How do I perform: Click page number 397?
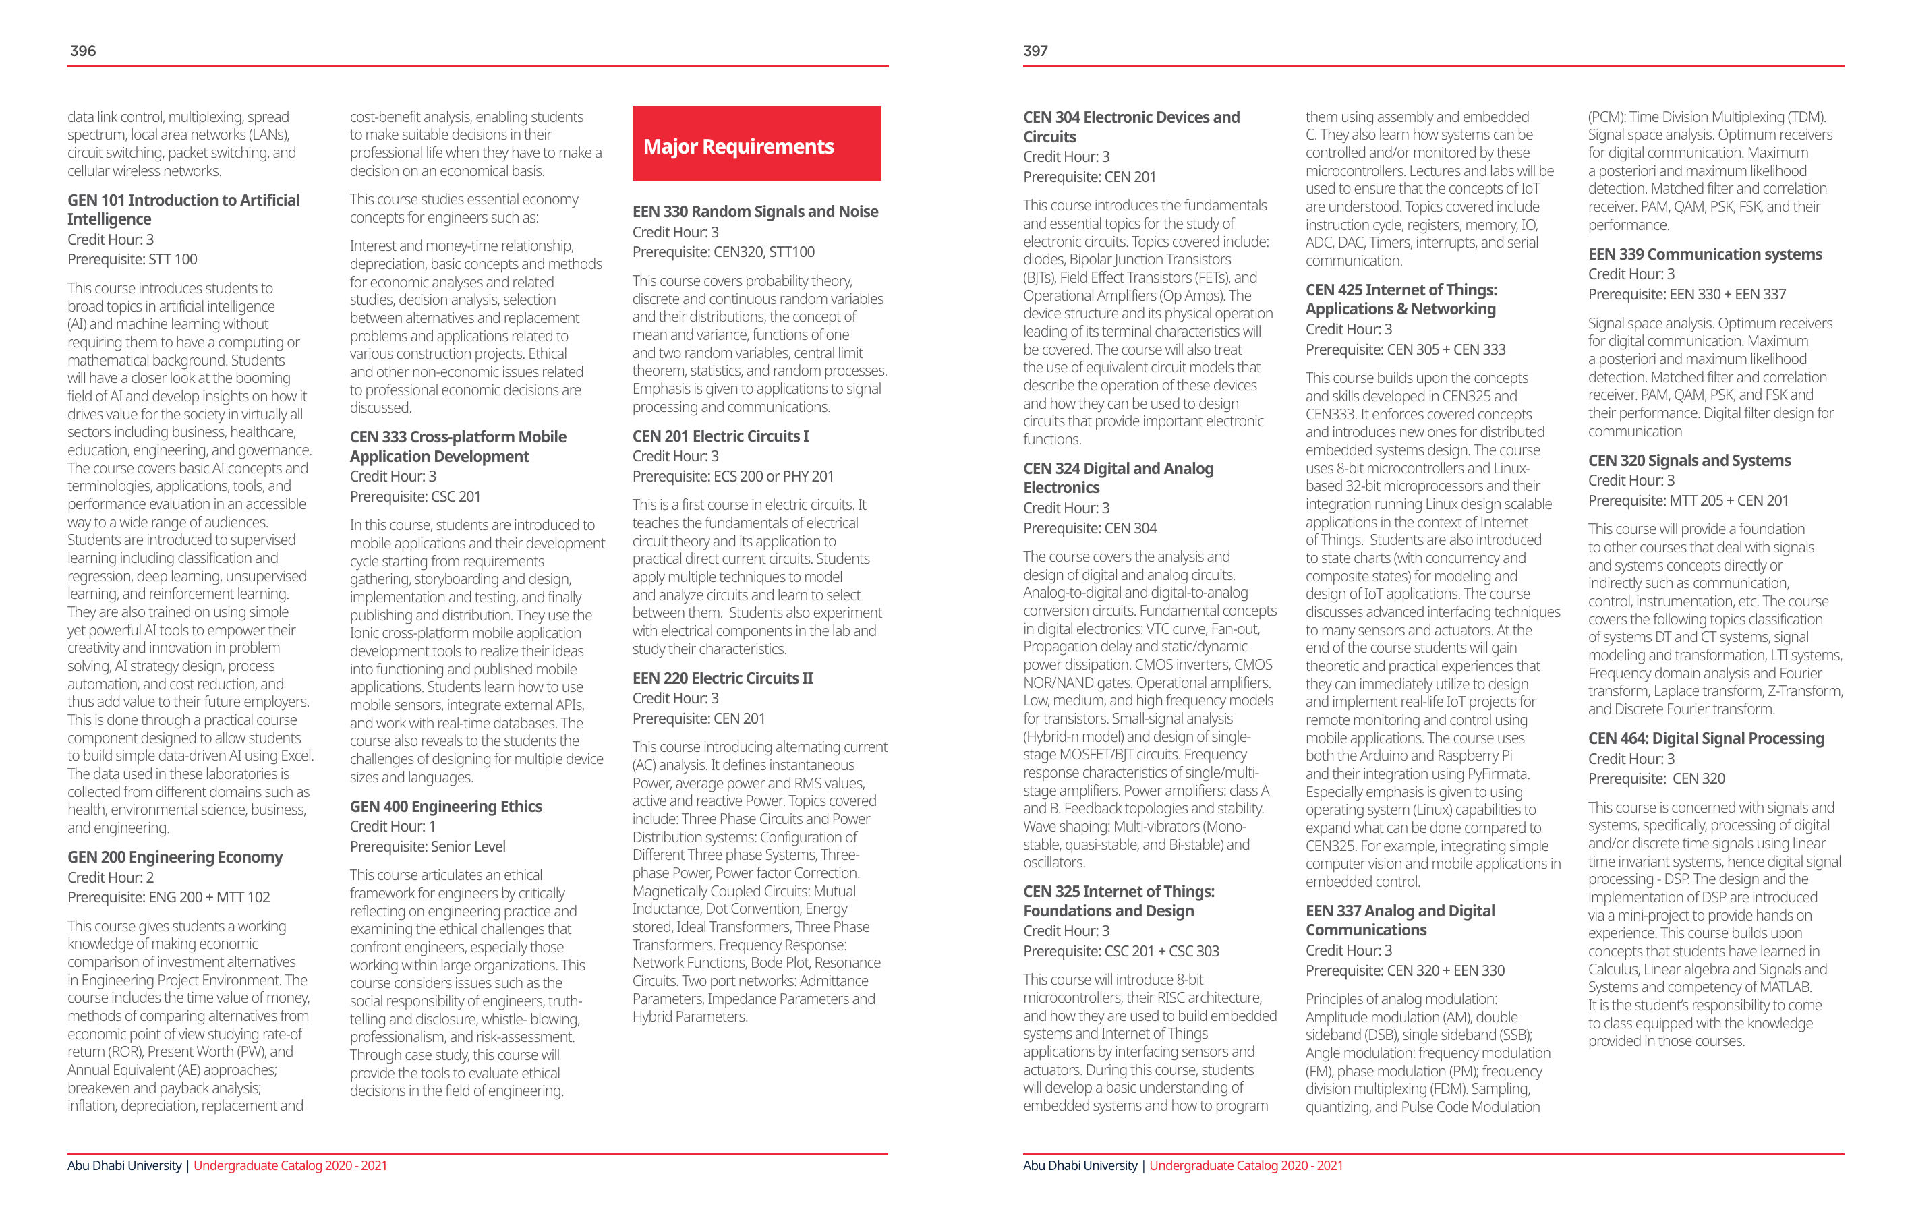click(1035, 51)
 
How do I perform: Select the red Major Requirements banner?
click(756, 144)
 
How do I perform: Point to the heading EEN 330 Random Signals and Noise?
click(755, 211)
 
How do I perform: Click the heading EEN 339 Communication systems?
click(1705, 254)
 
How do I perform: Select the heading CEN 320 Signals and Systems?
click(1689, 461)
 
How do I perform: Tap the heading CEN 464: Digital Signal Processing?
click(1706, 738)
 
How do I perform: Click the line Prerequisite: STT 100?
click(132, 259)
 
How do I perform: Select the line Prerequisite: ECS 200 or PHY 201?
click(733, 476)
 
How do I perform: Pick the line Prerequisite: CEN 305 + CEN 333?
click(1406, 349)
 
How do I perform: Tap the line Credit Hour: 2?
click(111, 877)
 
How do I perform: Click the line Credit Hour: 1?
click(393, 827)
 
